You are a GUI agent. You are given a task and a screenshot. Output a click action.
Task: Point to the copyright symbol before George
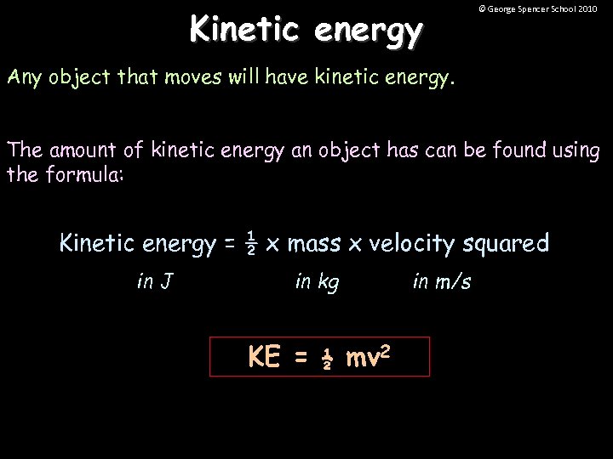tap(482, 8)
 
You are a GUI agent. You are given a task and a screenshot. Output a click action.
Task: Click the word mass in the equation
tap(314, 244)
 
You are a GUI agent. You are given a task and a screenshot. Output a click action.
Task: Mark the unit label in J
tap(155, 281)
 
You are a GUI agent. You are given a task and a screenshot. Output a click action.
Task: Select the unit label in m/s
tap(441, 281)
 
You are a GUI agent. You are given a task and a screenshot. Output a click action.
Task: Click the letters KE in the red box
tap(264, 357)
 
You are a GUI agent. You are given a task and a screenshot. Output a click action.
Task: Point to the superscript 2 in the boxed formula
tap(387, 349)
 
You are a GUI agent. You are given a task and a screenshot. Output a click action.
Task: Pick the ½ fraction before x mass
tap(251, 243)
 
